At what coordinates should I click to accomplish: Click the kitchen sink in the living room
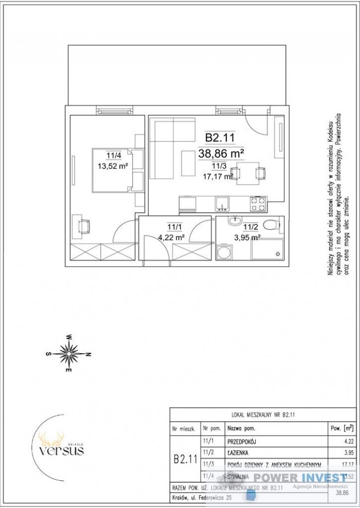(222, 204)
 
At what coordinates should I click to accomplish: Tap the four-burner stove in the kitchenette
(258, 204)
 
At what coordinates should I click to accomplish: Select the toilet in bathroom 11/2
(271, 224)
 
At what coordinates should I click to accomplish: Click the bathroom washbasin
(235, 223)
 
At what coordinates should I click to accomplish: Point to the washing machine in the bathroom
(224, 253)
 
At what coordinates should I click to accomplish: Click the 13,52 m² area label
(113, 166)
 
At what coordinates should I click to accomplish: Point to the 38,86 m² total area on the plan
(221, 152)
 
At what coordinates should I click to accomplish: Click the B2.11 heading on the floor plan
(220, 138)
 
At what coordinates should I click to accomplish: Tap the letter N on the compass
(88, 354)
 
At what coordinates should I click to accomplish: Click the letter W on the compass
(68, 337)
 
